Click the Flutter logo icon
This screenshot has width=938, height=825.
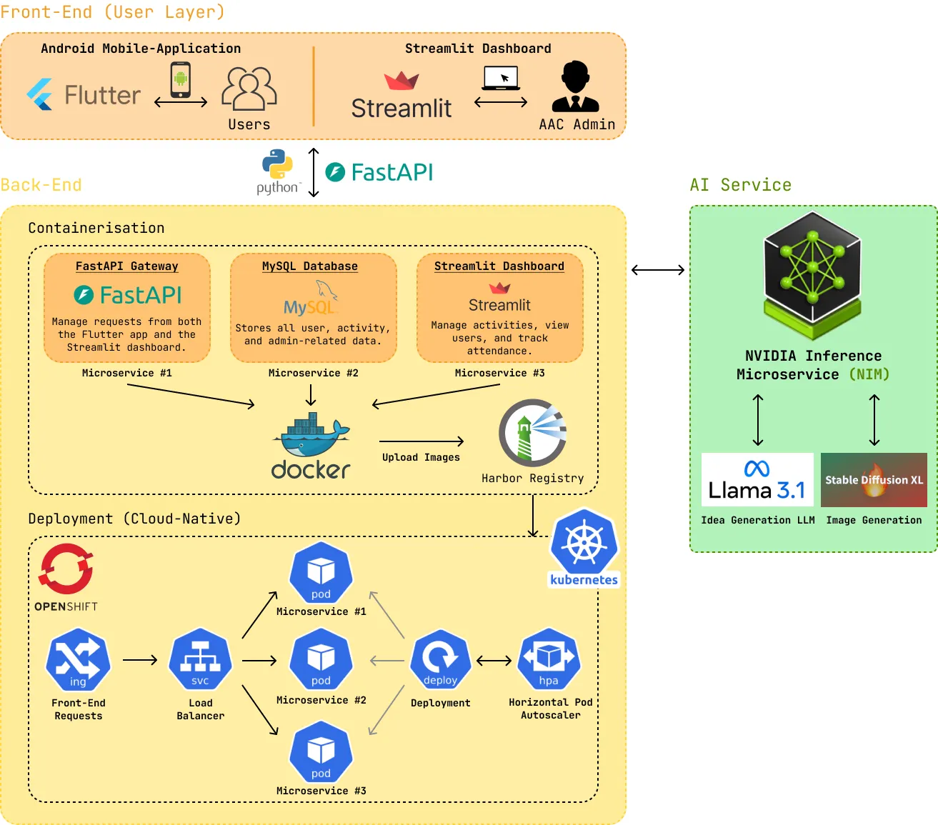40,94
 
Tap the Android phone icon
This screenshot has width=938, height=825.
181,79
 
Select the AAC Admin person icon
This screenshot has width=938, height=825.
575,86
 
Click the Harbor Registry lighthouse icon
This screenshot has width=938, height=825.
533,433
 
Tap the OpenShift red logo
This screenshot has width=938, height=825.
66,569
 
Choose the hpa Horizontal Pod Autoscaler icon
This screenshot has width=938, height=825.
549,659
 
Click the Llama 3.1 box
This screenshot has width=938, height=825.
757,480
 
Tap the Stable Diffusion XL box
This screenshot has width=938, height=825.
874,480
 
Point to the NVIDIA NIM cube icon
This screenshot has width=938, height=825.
812,274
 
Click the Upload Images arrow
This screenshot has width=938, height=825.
421,441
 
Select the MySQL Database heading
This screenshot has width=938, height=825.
310,266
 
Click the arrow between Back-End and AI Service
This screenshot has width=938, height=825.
658,270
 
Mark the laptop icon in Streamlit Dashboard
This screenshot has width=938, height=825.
501,77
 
